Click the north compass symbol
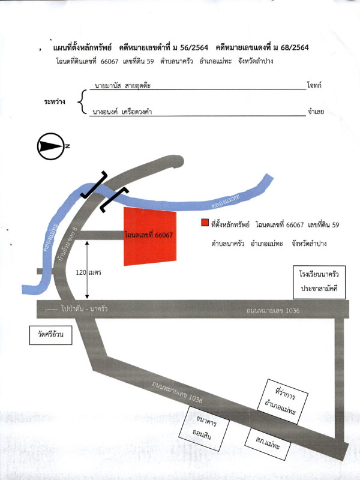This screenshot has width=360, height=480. coord(51,146)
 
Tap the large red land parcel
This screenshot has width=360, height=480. coord(150,236)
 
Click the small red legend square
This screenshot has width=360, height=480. coord(205,224)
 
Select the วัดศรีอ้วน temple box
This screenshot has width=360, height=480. coord(51,335)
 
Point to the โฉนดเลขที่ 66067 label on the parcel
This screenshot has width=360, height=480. coord(149,235)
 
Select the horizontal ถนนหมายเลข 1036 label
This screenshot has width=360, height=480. coord(272,310)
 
